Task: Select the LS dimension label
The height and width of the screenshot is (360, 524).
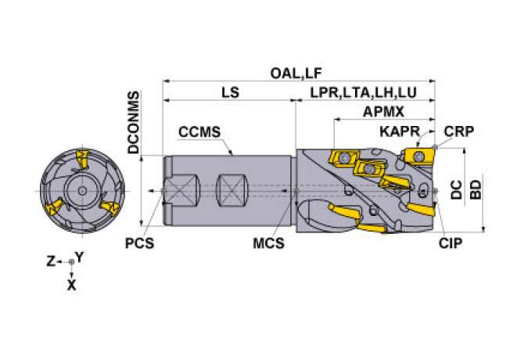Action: click(230, 92)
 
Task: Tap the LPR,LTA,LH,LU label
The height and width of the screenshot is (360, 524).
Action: click(364, 92)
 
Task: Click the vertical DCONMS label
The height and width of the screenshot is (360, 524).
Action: click(134, 122)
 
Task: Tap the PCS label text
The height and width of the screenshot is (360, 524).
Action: click(139, 243)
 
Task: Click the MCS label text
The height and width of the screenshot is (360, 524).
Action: click(268, 243)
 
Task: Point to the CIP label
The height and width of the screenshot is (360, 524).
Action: click(450, 243)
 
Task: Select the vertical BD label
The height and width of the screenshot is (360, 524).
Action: click(475, 190)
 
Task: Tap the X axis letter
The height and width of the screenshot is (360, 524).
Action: click(71, 286)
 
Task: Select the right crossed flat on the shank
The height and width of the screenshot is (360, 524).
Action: click(232, 190)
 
